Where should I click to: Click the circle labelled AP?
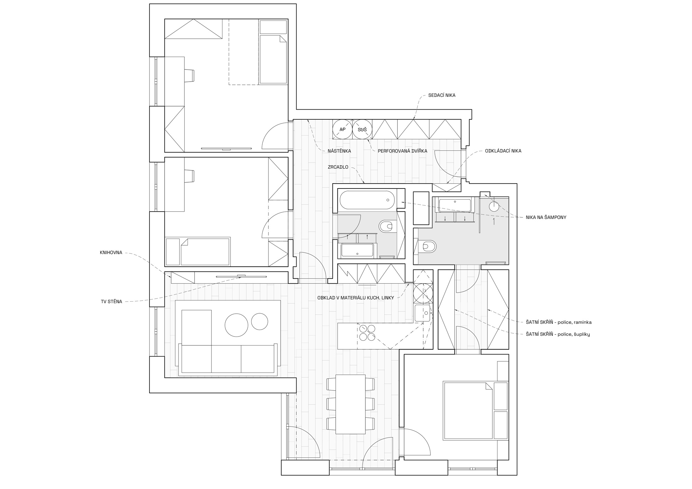pyautogui.click(x=342, y=129)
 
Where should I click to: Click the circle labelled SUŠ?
pyautogui.click(x=362, y=129)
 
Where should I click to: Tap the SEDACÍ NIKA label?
pyautogui.click(x=441, y=95)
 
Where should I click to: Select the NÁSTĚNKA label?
pyautogui.click(x=339, y=151)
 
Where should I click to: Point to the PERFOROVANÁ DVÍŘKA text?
pyautogui.click(x=402, y=151)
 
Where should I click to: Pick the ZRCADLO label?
pyautogui.click(x=338, y=167)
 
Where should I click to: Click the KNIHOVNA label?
pyautogui.click(x=111, y=252)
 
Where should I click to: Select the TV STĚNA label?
pyautogui.click(x=111, y=302)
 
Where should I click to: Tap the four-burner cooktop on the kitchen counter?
pyautogui.click(x=366, y=333)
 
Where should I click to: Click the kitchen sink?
pyautogui.click(x=422, y=313)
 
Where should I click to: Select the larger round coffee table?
pyautogui.click(x=236, y=325)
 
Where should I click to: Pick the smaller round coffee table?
pyautogui.click(x=259, y=322)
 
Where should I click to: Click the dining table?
pyautogui.click(x=350, y=404)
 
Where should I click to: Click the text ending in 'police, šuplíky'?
pyautogui.click(x=557, y=334)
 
